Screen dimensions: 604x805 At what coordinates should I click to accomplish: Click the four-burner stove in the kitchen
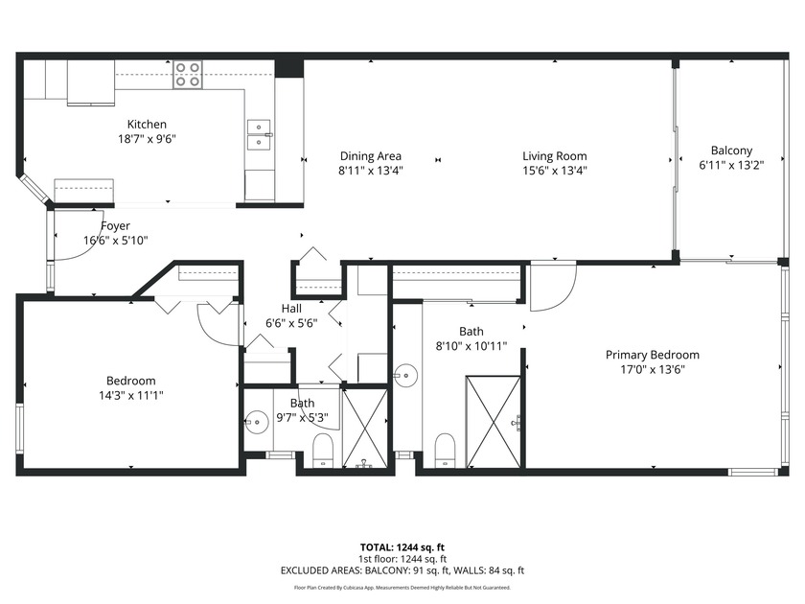(x=188, y=75)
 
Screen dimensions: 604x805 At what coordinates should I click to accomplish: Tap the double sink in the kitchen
(x=259, y=135)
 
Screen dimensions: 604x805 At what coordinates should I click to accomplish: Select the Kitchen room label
(x=148, y=125)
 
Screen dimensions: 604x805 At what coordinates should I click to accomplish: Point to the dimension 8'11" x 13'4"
(x=370, y=171)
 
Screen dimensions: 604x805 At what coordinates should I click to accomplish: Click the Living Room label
(x=554, y=156)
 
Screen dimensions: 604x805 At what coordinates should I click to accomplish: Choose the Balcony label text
(x=731, y=151)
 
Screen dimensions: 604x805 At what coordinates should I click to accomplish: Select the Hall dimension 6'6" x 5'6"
(x=291, y=323)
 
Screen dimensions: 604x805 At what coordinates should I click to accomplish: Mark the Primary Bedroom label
(x=652, y=355)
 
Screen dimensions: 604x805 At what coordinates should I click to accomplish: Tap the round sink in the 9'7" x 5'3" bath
(x=256, y=422)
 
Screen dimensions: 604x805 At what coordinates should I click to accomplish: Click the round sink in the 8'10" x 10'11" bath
(x=406, y=372)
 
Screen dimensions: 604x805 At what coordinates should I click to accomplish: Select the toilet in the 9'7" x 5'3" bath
(x=322, y=449)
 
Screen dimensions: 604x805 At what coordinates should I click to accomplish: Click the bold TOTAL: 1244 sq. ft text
(x=402, y=547)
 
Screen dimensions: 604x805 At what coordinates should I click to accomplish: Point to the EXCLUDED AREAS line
(x=402, y=570)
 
